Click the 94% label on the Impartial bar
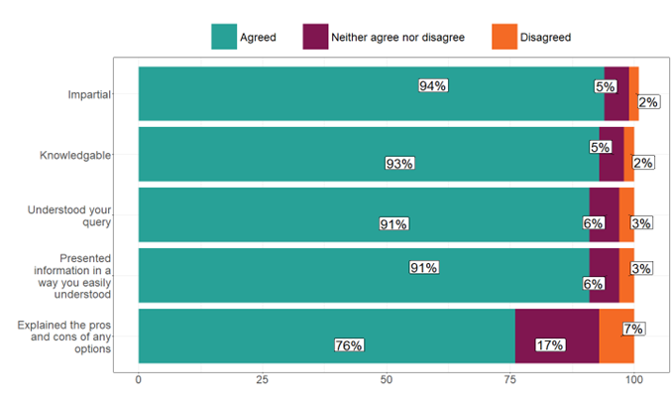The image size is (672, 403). tap(433, 86)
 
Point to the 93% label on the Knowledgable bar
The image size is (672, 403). tap(399, 164)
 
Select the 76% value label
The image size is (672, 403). tap(349, 345)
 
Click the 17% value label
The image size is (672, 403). tap(550, 345)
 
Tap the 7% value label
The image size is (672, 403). tap(635, 329)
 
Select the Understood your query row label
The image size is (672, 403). tap(70, 215)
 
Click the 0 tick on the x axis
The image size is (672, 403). tap(139, 379)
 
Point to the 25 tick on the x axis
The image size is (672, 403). tap(263, 379)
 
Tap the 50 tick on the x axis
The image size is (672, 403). tap(387, 379)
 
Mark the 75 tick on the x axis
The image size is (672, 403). tap(510, 379)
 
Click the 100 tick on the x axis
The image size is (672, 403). tap(634, 379)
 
